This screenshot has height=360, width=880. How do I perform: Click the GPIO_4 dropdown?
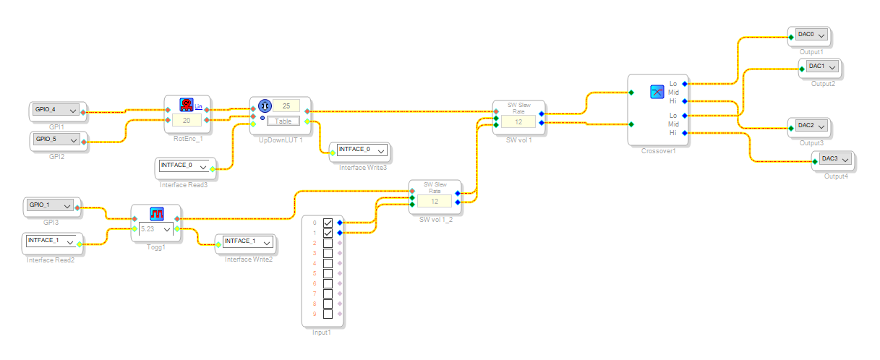[55, 111]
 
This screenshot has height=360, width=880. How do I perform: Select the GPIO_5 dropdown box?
[55, 139]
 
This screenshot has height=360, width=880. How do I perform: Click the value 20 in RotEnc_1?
[186, 120]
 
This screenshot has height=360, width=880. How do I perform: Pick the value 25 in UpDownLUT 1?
[286, 106]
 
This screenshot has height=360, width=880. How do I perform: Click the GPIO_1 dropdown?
[49, 206]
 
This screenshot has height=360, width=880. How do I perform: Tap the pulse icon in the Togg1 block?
[158, 214]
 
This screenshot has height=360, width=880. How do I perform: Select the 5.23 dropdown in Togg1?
[157, 229]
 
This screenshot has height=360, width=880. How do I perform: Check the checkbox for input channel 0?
[328, 223]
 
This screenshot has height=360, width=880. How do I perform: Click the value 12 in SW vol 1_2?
[435, 201]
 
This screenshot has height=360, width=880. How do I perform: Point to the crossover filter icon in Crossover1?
[657, 92]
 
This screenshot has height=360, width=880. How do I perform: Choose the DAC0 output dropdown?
[808, 35]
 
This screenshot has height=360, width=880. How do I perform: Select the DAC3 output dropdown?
[834, 160]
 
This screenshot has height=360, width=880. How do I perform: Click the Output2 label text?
[823, 84]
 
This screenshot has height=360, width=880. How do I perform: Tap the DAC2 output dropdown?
[808, 127]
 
